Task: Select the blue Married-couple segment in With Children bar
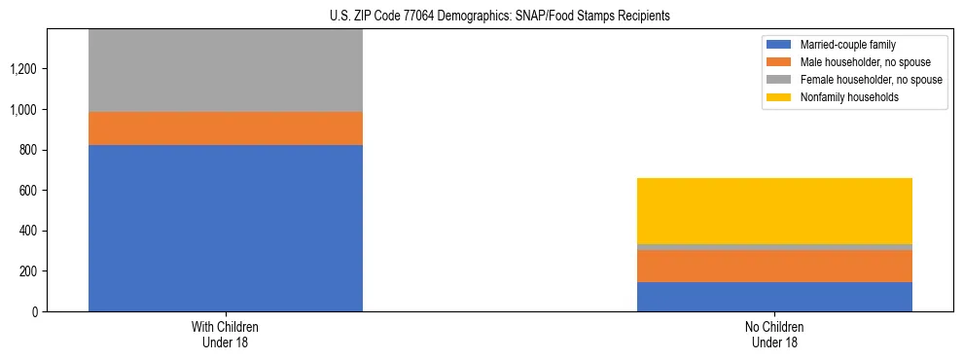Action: tap(226, 228)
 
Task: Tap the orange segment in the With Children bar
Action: tap(226, 128)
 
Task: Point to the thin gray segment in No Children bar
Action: tap(774, 247)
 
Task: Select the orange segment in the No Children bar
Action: tap(774, 266)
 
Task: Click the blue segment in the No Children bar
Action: tap(774, 297)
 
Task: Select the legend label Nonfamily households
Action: tap(842, 97)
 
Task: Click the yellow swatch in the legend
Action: tap(779, 97)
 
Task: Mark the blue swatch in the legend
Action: tap(779, 45)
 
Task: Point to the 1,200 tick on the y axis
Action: tap(25, 69)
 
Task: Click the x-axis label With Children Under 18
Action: tap(226, 335)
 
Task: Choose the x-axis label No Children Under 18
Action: tap(774, 335)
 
